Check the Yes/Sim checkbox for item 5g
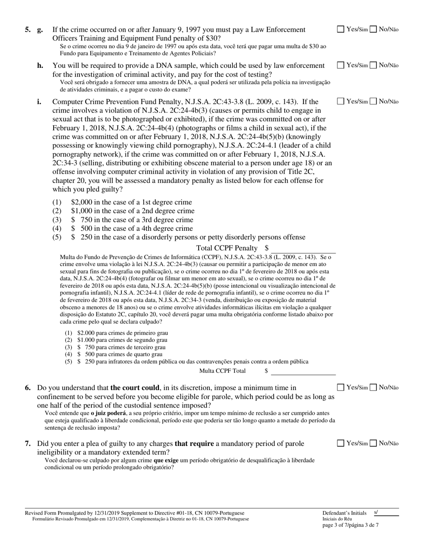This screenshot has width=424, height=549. pyautogui.click(x=341, y=29)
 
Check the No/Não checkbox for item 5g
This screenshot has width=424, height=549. pyautogui.click(x=374, y=29)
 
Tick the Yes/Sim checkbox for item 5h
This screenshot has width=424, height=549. pyautogui.click(x=341, y=65)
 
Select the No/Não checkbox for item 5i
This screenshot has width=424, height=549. pyautogui.click(x=374, y=101)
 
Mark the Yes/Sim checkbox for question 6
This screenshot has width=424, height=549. pyautogui.click(x=341, y=387)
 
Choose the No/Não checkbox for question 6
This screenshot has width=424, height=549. pyautogui.click(x=374, y=387)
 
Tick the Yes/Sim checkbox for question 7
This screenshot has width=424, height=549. pyautogui.click(x=341, y=443)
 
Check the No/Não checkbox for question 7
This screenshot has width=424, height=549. pyautogui.click(x=374, y=443)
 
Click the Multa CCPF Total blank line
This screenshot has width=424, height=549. pyautogui.click(x=303, y=371)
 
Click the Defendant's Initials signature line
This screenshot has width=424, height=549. pyautogui.click(x=386, y=513)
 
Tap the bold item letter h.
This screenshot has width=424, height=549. pyautogui.click(x=40, y=66)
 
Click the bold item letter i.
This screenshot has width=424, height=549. pyautogui.click(x=39, y=102)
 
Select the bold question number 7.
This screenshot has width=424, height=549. pyautogui.click(x=28, y=444)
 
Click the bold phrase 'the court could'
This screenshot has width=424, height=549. pyautogui.click(x=134, y=388)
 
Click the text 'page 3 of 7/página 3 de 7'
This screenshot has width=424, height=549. pyautogui.click(x=350, y=525)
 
